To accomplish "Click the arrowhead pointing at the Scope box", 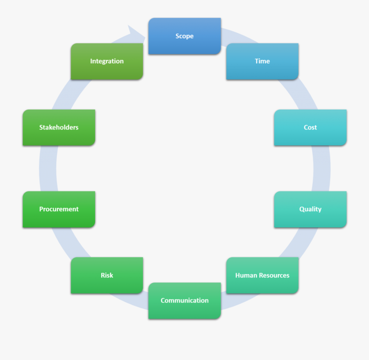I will pos(135,33).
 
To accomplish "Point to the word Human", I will pos(245,275).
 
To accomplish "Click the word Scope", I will pos(184,36).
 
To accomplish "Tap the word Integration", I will pos(107,61).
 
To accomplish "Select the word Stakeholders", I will pos(59,127).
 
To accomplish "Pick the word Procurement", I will pos(59,209).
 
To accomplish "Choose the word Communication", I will pos(184,300).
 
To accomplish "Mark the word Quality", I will pos(310,209).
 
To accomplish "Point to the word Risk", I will pos(107,275).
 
